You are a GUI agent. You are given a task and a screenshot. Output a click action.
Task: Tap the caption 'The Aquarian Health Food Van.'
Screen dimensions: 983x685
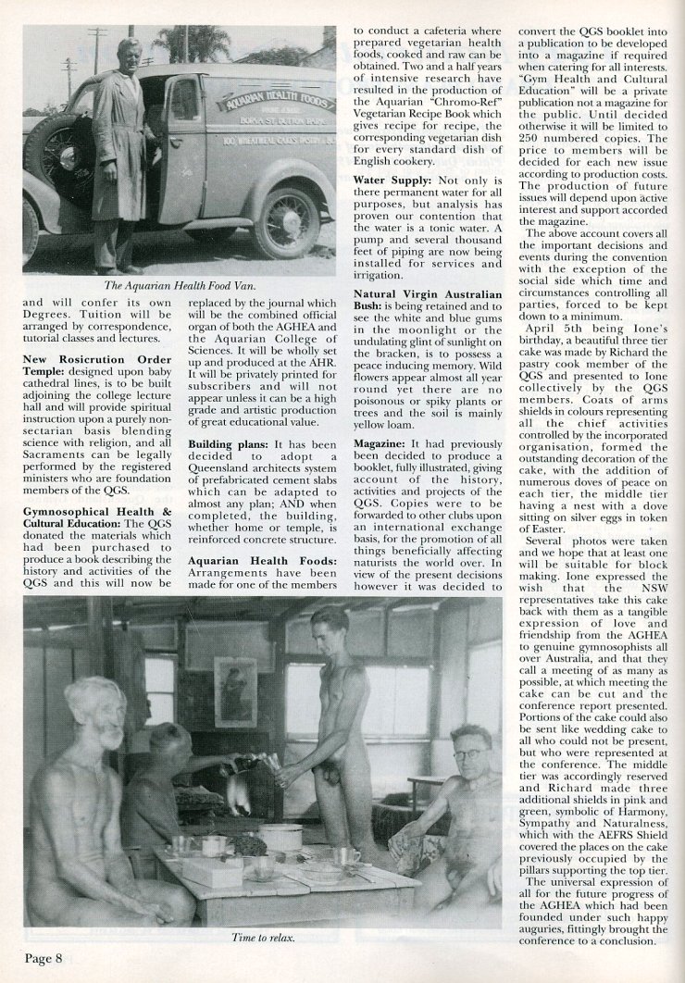pos(180,285)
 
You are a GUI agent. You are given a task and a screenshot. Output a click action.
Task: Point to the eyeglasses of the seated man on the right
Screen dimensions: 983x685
pos(469,754)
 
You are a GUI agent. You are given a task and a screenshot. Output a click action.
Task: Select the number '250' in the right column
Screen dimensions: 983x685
pos(535,139)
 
